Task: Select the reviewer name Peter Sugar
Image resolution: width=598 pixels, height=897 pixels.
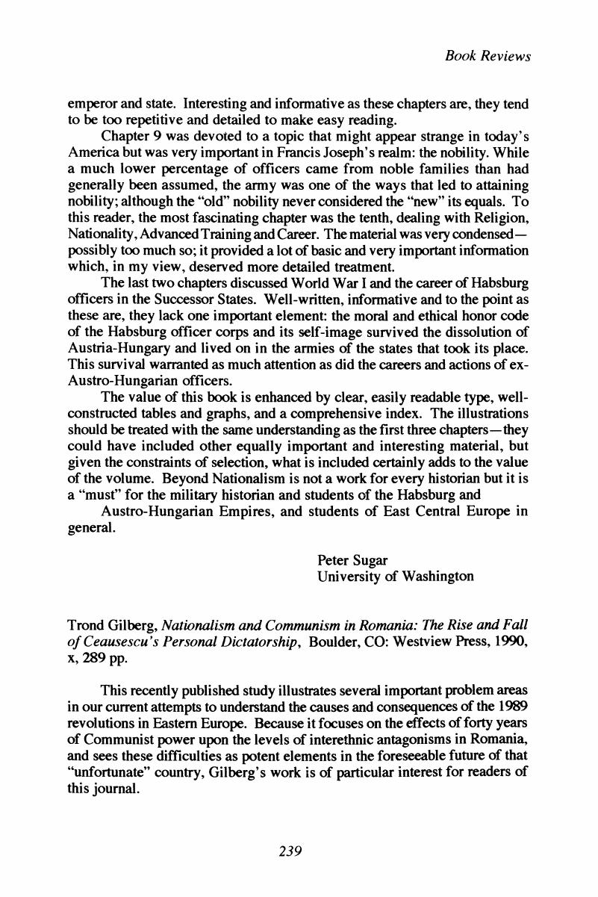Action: (x=347, y=560)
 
